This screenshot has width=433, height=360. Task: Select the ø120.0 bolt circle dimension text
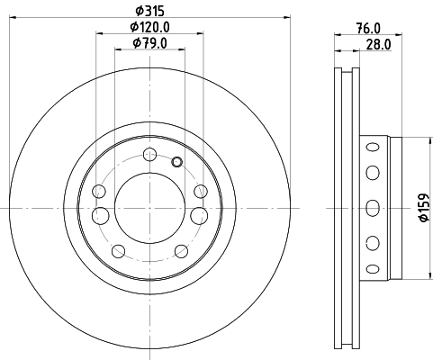[149, 27]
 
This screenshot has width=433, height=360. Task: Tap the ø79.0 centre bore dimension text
[149, 42]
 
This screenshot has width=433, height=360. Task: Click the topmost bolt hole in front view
[149, 152]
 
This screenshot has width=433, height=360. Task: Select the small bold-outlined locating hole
[176, 162]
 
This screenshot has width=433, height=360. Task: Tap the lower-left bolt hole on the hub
[117, 251]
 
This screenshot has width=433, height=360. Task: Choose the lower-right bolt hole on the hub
[181, 251]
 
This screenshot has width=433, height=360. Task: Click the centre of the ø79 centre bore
[149, 207]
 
